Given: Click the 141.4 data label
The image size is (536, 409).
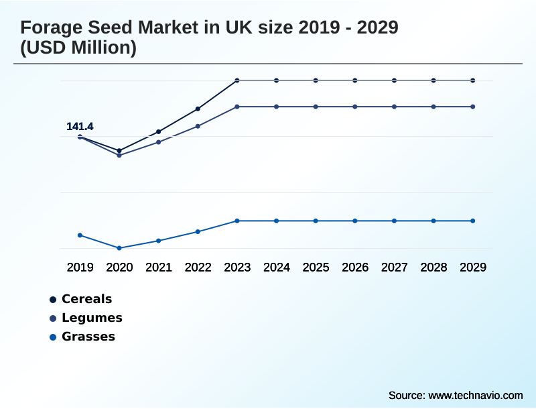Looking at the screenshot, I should pos(80,127).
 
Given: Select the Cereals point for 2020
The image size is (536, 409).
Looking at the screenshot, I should pos(119,151).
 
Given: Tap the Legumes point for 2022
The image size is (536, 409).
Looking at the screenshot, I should pos(198,126).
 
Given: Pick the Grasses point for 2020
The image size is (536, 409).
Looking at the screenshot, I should pos(119,248).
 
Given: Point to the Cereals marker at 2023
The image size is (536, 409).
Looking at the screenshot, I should pos(237,80).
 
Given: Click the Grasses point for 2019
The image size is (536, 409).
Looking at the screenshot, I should pos(80,235).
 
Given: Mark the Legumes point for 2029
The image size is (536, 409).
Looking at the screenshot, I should pos(473,107).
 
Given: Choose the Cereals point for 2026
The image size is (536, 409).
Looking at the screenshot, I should pos(355,80).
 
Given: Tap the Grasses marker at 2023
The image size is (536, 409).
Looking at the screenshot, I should pos(237,221).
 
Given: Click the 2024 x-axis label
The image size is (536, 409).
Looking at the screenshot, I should pos(277,268).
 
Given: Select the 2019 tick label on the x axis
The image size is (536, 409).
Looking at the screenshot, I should pos(80,268).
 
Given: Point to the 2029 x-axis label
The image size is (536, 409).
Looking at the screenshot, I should pos(473,268).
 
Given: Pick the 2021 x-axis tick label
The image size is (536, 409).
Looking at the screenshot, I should pos(159,268).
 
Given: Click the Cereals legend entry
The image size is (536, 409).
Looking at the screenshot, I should pos(86,299).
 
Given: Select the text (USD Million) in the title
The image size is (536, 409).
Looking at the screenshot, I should pos(78,48).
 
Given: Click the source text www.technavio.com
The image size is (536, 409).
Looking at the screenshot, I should pos(475,395).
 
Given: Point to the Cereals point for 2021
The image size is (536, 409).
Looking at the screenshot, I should pos(159,131).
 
